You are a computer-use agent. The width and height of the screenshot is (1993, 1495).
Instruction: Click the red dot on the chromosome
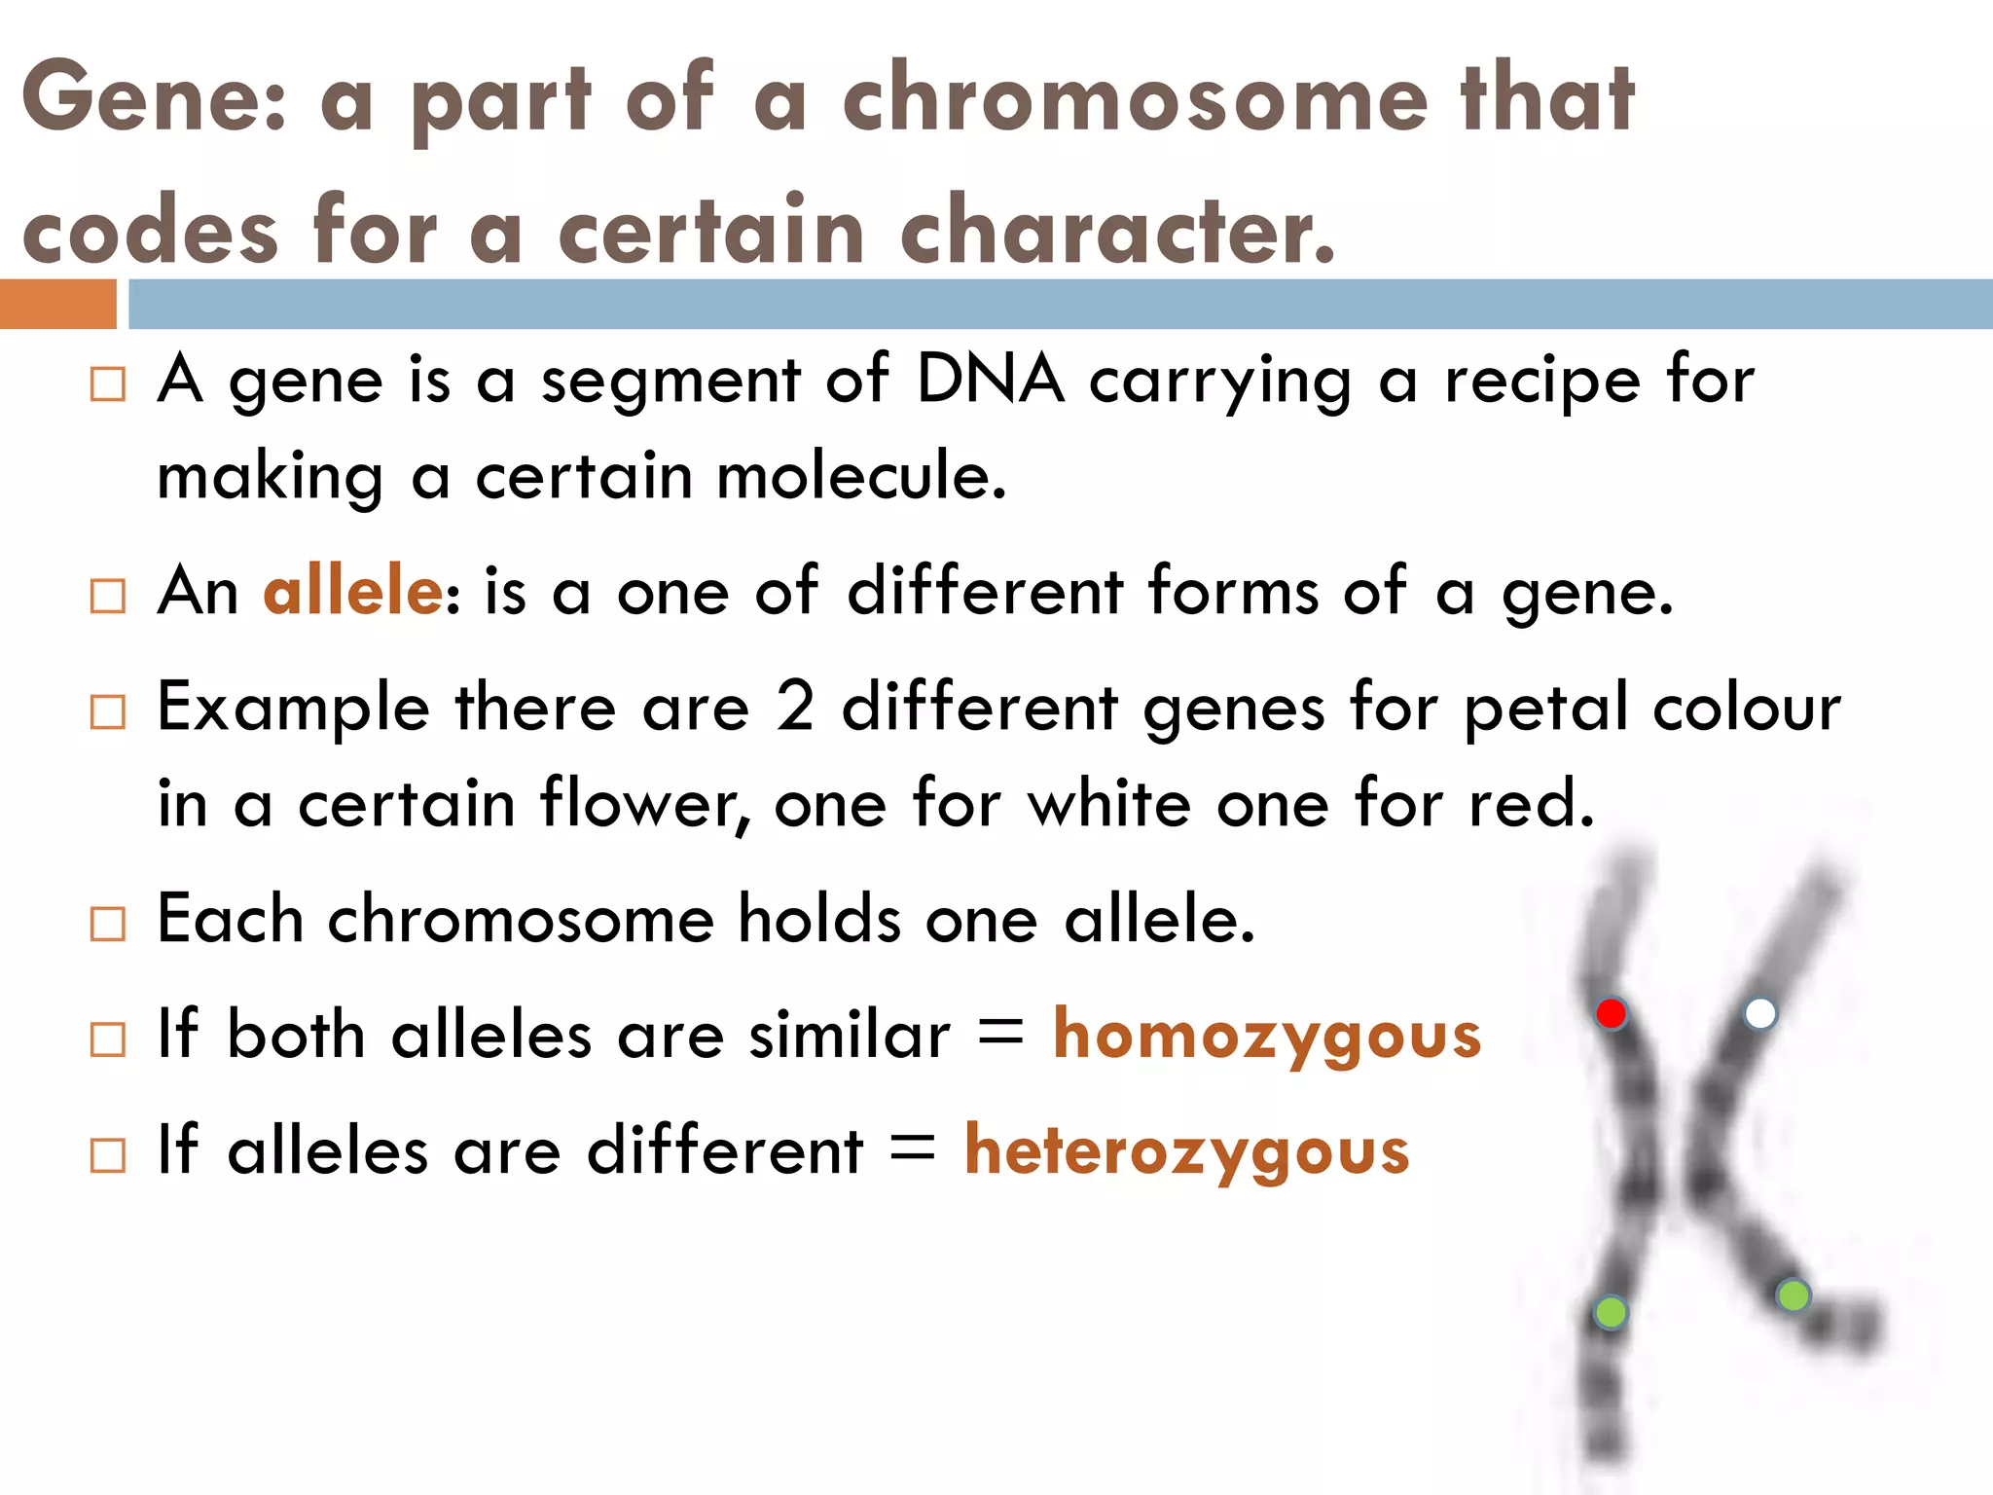point(1612,1013)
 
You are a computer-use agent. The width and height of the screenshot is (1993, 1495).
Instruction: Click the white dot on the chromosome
point(1759,1013)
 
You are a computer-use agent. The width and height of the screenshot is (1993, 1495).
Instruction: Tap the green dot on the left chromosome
point(1611,1312)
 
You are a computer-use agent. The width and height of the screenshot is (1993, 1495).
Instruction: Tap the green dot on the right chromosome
point(1793,1295)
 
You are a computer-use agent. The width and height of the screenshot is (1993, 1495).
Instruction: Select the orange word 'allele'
point(353,591)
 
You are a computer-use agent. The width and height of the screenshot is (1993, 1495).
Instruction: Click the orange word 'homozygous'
point(1267,1036)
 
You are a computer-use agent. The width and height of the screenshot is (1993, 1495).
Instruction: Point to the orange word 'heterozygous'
point(1186,1151)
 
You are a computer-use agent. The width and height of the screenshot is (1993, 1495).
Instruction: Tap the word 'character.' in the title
point(1118,231)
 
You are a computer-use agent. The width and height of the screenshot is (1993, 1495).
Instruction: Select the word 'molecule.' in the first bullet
point(861,477)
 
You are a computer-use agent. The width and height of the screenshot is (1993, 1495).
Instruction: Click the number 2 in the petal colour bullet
point(795,707)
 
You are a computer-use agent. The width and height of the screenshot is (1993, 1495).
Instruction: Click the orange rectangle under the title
point(58,304)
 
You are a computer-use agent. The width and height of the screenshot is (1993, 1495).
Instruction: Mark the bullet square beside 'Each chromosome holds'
point(107,924)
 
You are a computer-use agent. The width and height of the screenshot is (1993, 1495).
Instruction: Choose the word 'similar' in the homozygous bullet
point(850,1035)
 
